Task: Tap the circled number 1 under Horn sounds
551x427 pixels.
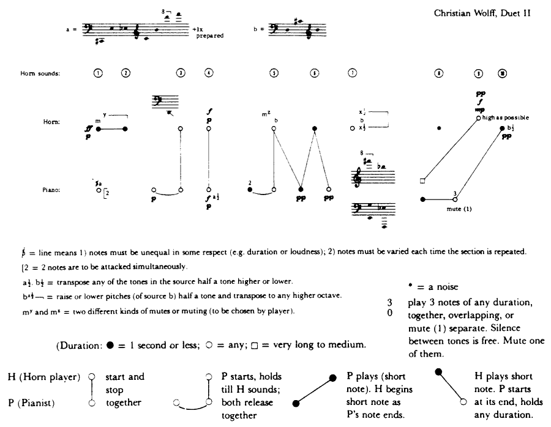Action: (x=99, y=73)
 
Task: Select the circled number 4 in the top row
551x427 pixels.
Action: (x=209, y=73)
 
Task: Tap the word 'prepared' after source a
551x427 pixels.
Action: (x=209, y=36)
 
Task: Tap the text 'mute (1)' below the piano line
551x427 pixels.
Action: (x=459, y=209)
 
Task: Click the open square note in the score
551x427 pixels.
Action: (x=422, y=181)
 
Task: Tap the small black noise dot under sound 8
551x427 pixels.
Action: (x=439, y=128)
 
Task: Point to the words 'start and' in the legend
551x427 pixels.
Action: (x=125, y=377)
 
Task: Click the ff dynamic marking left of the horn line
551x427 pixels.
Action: (x=89, y=129)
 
